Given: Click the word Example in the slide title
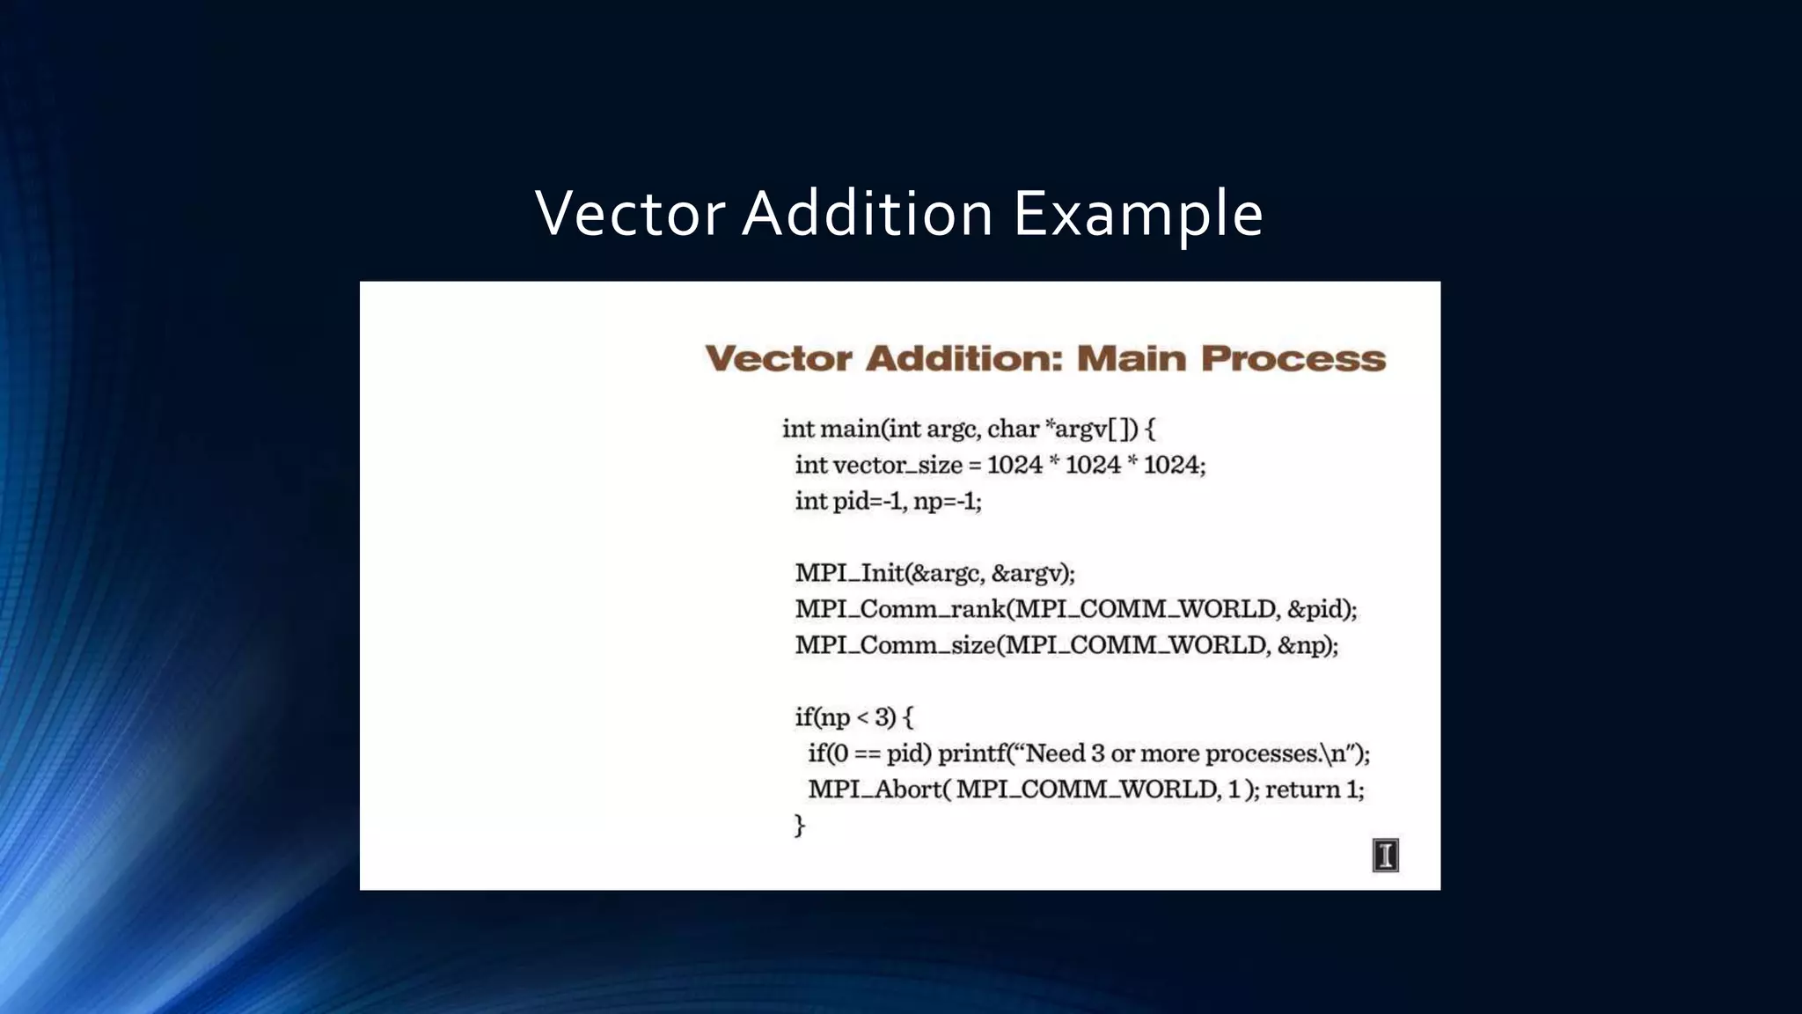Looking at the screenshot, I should pyautogui.click(x=1138, y=214).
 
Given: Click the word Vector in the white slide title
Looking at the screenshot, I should pyautogui.click(x=630, y=214).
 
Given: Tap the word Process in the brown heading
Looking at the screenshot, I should pyautogui.click(x=1293, y=358).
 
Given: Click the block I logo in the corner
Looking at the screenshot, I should pyautogui.click(x=1385, y=855).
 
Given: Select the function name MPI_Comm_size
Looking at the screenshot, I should pyautogui.click(x=896, y=645).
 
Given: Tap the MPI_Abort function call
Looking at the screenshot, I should pyautogui.click(x=875, y=790).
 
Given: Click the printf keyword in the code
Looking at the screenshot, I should pyautogui.click(x=974, y=753).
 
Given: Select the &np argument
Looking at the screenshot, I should pyautogui.click(x=1302, y=645).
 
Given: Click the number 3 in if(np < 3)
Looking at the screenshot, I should pyautogui.click(x=882, y=717).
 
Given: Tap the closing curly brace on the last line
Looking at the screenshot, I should pyautogui.click(x=800, y=826).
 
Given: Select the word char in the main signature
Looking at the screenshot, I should pyautogui.click(x=1013, y=429).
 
